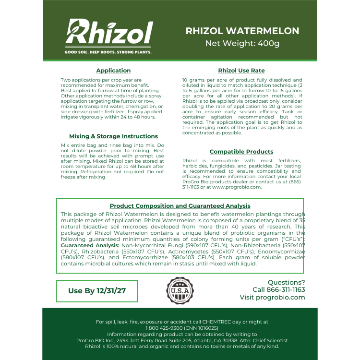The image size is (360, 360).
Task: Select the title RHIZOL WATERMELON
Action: click(x=242, y=31)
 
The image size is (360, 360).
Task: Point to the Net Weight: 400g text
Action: click(x=242, y=44)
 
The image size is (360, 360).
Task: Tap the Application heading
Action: click(x=113, y=71)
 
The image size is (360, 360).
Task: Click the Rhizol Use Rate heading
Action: click(x=241, y=71)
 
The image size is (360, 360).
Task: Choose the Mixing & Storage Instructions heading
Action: click(x=113, y=136)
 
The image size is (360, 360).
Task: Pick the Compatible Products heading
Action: click(x=241, y=152)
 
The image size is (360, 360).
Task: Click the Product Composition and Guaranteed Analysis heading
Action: click(x=180, y=206)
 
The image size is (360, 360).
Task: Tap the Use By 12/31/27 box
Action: click(x=96, y=291)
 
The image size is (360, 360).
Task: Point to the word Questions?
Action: click(x=286, y=282)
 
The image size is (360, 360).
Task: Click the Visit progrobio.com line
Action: click(x=272, y=298)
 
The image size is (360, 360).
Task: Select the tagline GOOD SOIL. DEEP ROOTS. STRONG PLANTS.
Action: click(x=108, y=52)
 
